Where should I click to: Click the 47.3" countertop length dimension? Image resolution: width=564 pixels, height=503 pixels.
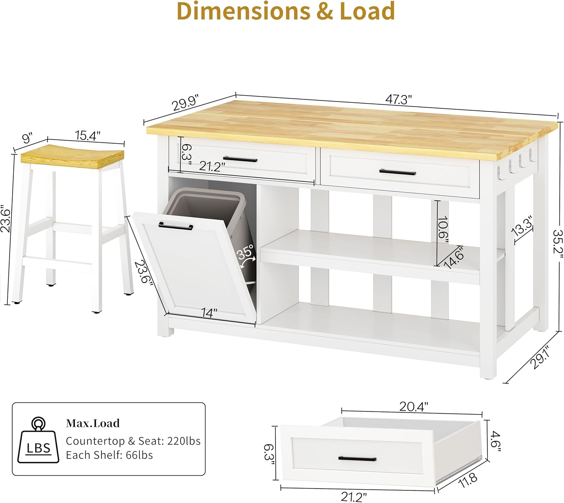point(398,100)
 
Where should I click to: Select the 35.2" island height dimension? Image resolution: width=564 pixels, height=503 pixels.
point(558,244)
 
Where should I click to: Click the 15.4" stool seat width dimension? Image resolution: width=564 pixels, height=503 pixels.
point(88,136)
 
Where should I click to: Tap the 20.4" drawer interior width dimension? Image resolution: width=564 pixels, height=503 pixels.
point(414,406)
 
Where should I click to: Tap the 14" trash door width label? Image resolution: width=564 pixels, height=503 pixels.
point(209,313)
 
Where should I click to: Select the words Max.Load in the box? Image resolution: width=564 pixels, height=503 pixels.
point(92,423)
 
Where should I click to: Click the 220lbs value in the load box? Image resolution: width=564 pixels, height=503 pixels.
point(183,441)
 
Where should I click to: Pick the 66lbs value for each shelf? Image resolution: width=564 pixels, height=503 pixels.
point(139,455)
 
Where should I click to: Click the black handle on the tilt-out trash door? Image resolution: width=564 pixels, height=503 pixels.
point(176,226)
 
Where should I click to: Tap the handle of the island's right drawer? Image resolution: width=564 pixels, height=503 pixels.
point(397,172)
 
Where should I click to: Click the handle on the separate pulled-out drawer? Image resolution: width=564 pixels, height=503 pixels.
point(357,459)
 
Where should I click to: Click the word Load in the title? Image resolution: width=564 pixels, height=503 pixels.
point(367,11)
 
